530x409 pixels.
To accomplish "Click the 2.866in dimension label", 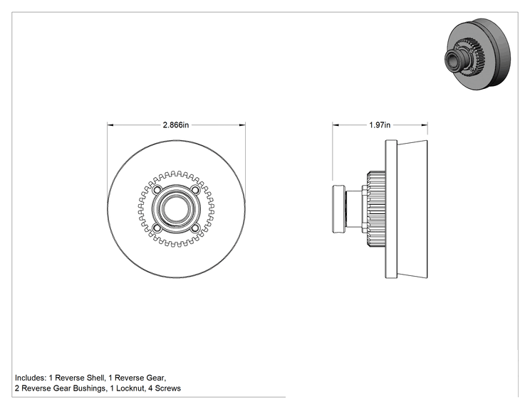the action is tap(176, 125).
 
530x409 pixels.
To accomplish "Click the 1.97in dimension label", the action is tap(380, 125).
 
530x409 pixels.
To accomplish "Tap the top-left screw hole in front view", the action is tap(157, 190).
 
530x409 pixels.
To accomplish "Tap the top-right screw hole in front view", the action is tap(195, 190).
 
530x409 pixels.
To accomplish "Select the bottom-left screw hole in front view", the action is tap(157, 228).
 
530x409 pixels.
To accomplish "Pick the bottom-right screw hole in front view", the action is tap(195, 228).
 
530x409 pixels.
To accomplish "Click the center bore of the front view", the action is tap(176, 209).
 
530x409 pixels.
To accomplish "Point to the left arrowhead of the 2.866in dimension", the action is tap(110, 125).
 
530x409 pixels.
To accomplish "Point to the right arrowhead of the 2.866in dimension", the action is tap(242, 125).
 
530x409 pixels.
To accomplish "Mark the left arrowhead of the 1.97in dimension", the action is tap(336, 125).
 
